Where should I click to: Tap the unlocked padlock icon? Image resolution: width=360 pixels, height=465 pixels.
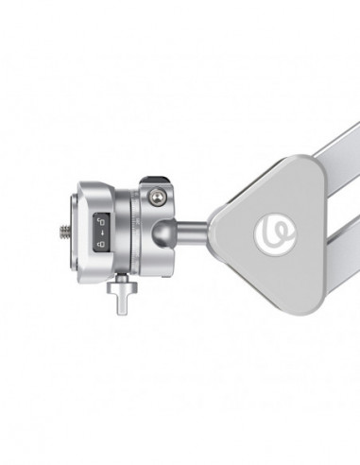(x=99, y=218)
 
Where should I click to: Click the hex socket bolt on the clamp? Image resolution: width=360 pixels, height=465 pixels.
(x=158, y=196)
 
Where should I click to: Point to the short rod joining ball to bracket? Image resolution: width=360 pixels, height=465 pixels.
(x=195, y=229)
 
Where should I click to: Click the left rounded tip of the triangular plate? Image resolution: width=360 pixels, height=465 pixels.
(x=214, y=228)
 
